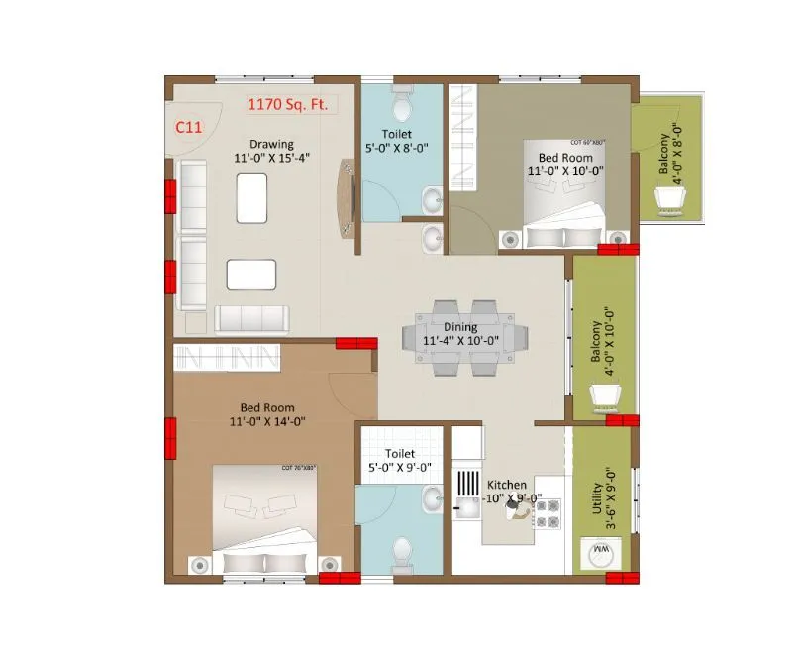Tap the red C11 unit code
189,126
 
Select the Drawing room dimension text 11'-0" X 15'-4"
271,157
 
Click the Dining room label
460,327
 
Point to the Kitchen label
506,485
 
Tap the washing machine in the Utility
600,553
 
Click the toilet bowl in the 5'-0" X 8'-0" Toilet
401,101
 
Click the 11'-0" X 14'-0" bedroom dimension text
264,420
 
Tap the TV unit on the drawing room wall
347,198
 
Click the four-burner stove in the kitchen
548,511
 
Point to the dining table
460,337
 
